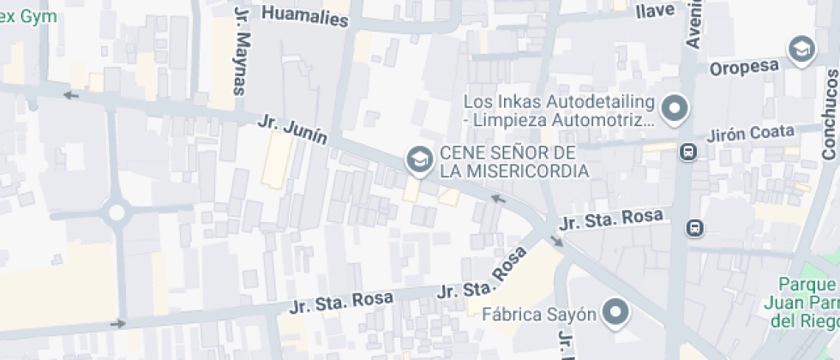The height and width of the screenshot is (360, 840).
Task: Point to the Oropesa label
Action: [x=743, y=67]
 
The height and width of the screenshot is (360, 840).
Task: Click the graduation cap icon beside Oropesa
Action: [x=801, y=49]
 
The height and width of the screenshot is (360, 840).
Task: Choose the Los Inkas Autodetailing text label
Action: [x=559, y=111]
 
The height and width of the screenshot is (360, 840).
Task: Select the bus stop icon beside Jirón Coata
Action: [x=688, y=153]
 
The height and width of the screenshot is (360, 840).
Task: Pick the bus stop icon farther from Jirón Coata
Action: [x=694, y=228]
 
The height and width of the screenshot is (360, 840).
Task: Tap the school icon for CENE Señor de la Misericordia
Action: [x=419, y=159]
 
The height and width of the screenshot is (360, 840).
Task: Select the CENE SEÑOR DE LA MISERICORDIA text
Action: [x=513, y=162]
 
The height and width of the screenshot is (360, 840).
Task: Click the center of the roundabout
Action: [x=117, y=211]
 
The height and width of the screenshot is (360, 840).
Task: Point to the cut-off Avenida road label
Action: [x=693, y=23]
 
